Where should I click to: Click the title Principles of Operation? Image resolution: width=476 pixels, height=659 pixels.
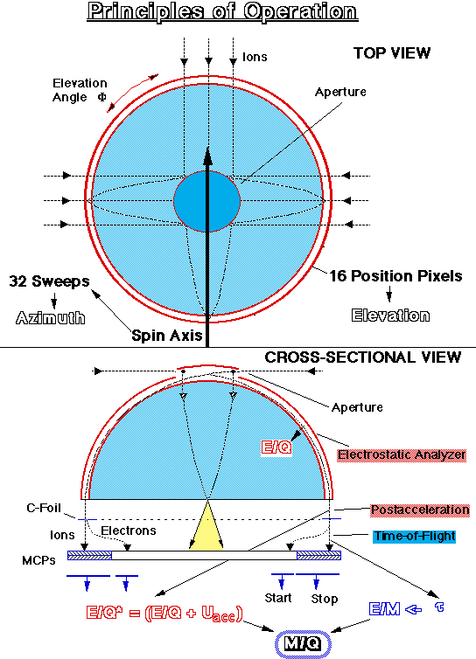(222, 11)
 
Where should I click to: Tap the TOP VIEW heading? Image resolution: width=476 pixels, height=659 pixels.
(392, 53)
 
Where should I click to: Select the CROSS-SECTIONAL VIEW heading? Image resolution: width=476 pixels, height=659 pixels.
(363, 357)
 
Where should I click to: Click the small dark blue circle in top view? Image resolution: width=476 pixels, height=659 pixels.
(206, 201)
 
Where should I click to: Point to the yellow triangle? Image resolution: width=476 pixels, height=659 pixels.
(206, 526)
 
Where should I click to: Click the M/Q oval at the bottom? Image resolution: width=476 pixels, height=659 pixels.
(303, 643)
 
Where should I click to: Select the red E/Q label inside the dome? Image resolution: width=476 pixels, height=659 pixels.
(276, 447)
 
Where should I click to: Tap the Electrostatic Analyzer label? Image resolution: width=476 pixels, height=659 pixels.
(402, 454)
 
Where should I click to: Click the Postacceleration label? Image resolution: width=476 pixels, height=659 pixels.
(420, 510)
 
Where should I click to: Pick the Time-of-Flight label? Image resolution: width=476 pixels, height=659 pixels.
(415, 537)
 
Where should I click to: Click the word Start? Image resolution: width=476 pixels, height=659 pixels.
(278, 598)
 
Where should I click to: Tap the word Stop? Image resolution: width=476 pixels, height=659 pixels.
(324, 599)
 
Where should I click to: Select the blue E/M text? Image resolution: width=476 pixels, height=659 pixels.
(384, 609)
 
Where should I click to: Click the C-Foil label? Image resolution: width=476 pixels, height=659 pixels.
(44, 508)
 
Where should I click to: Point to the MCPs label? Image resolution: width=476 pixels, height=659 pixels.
(38, 560)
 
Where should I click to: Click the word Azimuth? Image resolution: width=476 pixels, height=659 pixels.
(51, 318)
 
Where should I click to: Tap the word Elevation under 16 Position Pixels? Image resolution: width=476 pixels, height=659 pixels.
(390, 316)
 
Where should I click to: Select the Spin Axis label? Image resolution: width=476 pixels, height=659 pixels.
(167, 336)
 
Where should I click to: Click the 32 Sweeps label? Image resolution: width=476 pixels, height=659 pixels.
(49, 281)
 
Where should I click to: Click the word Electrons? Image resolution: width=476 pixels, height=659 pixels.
(129, 531)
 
